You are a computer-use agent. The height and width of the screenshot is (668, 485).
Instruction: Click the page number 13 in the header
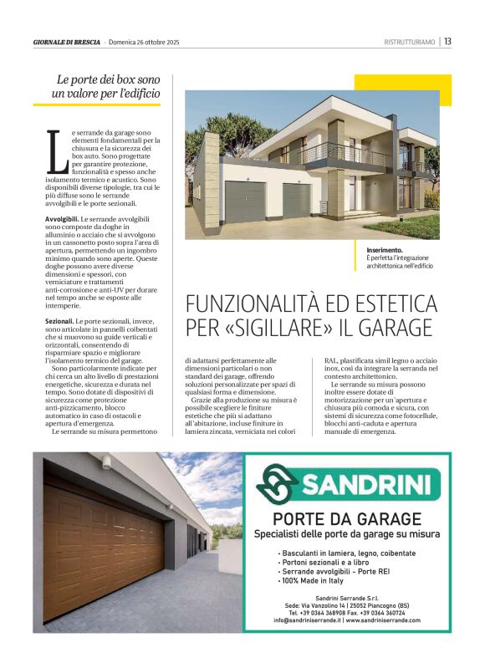click(x=447, y=41)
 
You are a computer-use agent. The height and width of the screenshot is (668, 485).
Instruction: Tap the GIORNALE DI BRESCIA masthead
click(x=66, y=42)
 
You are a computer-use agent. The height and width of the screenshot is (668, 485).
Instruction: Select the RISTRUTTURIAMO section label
click(x=409, y=42)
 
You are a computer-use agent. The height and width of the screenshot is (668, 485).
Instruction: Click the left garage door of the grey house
click(x=244, y=201)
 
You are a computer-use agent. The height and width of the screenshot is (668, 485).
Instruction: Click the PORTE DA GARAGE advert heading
click(x=346, y=518)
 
